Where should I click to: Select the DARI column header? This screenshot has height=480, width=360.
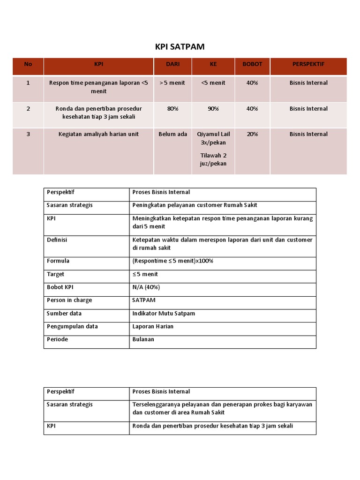click(x=172, y=64)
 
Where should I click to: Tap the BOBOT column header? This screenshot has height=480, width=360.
click(x=252, y=64)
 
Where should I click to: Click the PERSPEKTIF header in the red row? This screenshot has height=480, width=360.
click(x=308, y=64)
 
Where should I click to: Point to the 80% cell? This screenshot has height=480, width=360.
click(x=172, y=109)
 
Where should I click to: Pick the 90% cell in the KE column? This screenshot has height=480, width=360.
click(x=213, y=109)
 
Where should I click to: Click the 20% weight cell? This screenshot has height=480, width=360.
click(x=252, y=134)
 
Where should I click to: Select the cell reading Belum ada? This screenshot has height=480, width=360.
click(x=172, y=134)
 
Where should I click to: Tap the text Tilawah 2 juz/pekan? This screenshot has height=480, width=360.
click(x=213, y=159)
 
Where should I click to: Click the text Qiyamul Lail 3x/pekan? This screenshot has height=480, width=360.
click(x=213, y=138)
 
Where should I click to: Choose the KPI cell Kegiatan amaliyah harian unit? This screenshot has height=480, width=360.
click(x=98, y=134)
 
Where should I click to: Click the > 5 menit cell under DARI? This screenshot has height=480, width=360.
click(x=172, y=83)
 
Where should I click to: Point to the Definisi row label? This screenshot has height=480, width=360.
click(x=57, y=240)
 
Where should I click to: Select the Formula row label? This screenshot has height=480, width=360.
click(x=58, y=261)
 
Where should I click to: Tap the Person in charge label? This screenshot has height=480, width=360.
click(x=69, y=300)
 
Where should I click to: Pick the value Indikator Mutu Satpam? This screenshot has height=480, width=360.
click(x=164, y=313)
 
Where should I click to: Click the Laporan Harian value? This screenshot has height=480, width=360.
click(x=153, y=326)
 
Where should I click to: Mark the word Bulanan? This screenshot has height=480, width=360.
click(x=143, y=339)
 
